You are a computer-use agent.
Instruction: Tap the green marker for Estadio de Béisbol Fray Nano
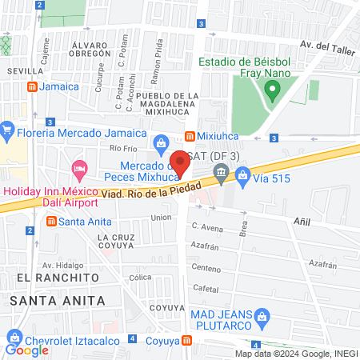point(273,92)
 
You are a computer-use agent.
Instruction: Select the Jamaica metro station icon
point(31,86)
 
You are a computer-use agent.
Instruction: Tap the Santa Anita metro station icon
point(51,221)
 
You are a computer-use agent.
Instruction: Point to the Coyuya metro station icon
point(187,340)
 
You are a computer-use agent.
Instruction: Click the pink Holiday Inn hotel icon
point(79,169)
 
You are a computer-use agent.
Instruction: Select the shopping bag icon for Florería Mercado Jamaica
point(8,128)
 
